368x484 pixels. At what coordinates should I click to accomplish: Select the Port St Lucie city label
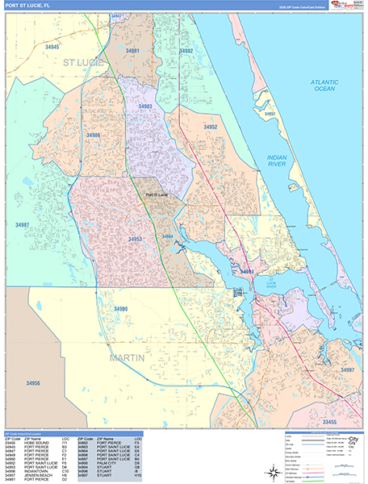pos(157,194)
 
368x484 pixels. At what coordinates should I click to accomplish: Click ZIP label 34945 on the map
pos(52,48)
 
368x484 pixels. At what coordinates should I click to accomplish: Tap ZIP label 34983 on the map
pos(145,106)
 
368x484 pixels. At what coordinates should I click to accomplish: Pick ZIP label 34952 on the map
pos(210,127)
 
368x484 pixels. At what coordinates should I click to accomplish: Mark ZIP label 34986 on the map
pos(94,135)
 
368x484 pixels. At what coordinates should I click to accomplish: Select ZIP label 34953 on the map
pos(135,239)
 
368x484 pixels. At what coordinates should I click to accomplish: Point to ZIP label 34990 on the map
pos(121,309)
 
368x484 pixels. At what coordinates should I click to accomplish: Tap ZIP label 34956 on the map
pos(27,382)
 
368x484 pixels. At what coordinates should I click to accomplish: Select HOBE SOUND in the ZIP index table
pos(36,444)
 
